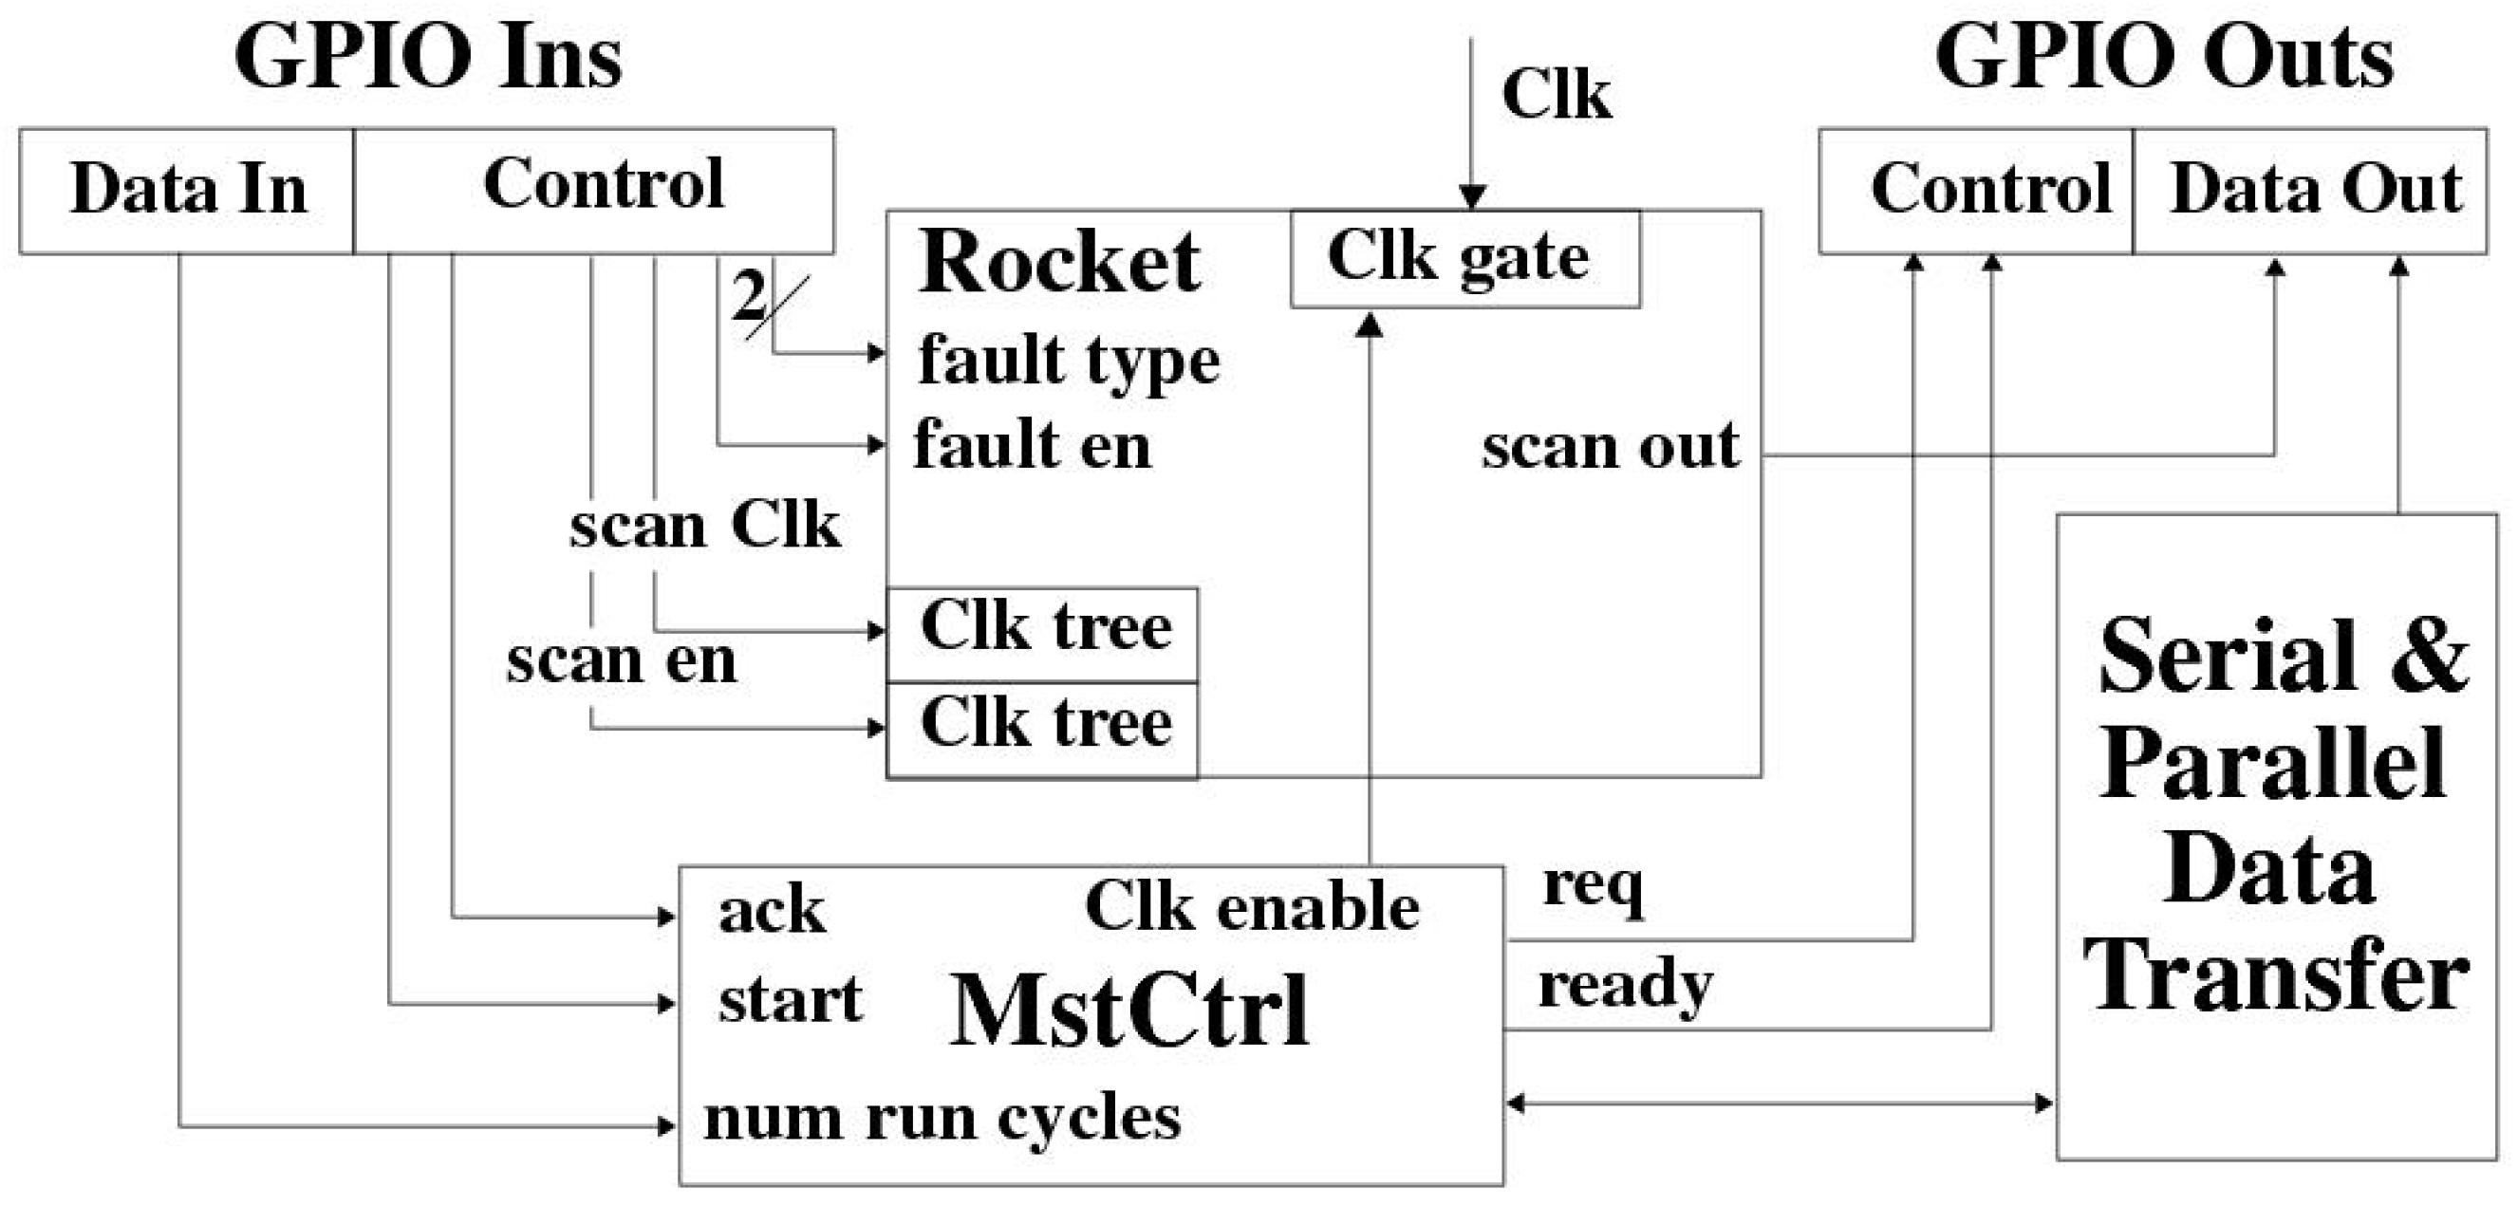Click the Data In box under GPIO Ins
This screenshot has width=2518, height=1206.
187,190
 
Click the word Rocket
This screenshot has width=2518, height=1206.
1059,262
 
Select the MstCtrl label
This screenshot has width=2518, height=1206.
1129,1011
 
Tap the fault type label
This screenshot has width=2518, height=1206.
1069,362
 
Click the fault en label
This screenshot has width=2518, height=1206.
1033,446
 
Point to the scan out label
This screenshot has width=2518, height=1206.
1610,448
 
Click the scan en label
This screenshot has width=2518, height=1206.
621,660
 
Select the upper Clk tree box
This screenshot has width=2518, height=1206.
1043,627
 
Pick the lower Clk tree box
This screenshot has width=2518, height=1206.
1043,725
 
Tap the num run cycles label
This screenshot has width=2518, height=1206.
942,1119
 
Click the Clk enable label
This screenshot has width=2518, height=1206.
1251,907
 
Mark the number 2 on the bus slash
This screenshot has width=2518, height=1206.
750,294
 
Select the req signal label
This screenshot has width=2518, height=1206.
1593,887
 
